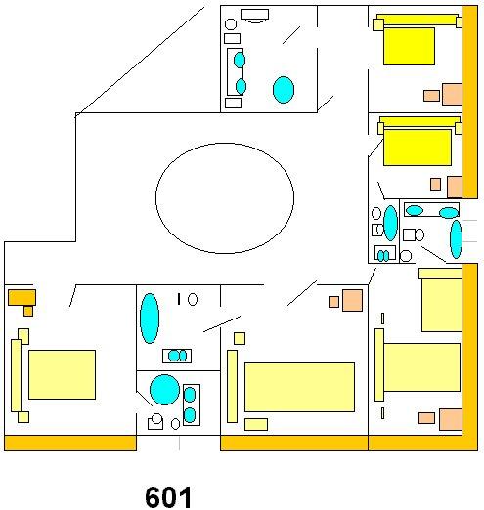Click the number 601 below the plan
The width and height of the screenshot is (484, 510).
168,496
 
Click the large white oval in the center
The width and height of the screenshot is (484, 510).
225,198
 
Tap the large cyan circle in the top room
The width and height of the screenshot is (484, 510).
284,90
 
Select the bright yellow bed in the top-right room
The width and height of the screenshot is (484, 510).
409,46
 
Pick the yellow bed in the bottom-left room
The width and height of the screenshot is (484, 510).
62,374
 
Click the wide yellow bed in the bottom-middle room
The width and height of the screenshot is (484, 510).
299,387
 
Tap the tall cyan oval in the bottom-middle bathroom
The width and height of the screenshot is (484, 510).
150,319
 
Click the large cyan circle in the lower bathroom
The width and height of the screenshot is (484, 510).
164,390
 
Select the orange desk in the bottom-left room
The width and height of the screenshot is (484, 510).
22,297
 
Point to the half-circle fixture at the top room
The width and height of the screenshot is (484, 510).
255,16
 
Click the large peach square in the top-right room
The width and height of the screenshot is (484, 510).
452,94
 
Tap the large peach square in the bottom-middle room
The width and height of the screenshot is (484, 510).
352,300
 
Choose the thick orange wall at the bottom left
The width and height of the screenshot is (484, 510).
70,443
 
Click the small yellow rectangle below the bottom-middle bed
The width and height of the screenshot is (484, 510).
256,424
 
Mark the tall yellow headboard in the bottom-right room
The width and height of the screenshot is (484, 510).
379,364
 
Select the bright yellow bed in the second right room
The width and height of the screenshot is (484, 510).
418,148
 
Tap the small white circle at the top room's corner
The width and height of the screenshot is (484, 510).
231,24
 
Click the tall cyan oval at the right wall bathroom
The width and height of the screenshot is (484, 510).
456,239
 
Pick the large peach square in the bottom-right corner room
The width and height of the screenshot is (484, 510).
451,419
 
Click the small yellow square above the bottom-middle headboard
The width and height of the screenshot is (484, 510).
240,338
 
